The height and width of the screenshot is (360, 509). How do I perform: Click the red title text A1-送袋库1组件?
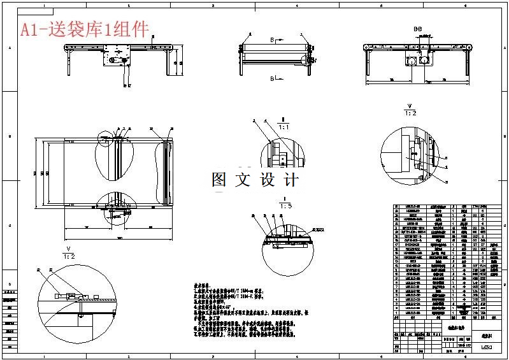click(84, 29)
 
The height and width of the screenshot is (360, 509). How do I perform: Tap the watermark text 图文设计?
click(255, 180)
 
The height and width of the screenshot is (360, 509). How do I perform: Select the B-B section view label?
click(418, 29)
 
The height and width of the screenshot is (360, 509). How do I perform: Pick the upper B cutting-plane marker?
click(273, 40)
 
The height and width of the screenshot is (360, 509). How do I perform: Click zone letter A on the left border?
click(9, 48)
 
